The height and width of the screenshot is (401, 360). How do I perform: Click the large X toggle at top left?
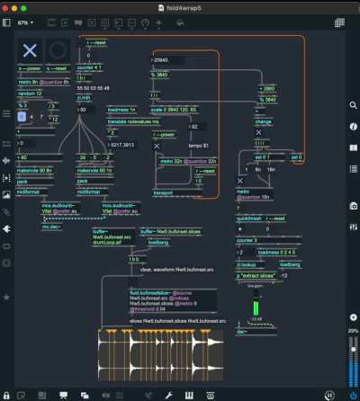[31, 50]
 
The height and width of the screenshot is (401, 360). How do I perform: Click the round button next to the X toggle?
[58, 50]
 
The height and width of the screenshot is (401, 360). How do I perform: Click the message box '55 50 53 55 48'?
[97, 88]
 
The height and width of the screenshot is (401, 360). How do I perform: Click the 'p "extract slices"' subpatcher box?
[258, 275]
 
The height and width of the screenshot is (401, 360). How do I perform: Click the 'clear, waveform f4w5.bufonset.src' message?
[176, 269]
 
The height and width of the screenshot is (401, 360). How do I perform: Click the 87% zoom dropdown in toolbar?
[26, 22]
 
